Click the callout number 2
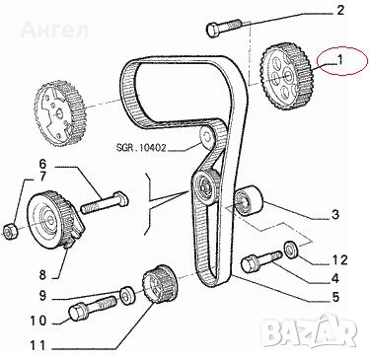click(x=339, y=10)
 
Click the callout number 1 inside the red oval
click(x=339, y=60)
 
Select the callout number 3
click(x=334, y=215)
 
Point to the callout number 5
click(x=334, y=297)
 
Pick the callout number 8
click(x=42, y=275)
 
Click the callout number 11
click(x=37, y=345)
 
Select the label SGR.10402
click(x=142, y=148)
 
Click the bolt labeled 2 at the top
click(x=224, y=28)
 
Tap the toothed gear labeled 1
click(x=287, y=78)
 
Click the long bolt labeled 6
click(x=105, y=203)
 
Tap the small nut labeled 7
click(x=10, y=230)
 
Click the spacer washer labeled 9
click(x=126, y=296)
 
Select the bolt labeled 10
click(x=93, y=307)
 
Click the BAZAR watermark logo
click(x=311, y=331)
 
